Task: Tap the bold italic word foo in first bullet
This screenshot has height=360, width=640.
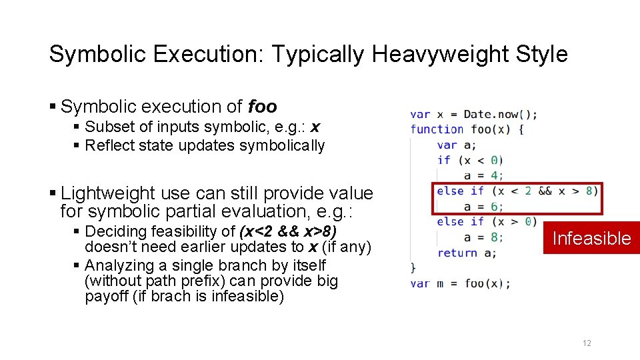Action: point(262,107)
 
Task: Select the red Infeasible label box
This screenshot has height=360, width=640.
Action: point(591,238)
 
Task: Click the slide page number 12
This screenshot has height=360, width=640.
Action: point(587,343)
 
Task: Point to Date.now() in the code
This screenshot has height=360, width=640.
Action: point(500,114)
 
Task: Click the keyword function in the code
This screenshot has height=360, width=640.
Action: point(437,129)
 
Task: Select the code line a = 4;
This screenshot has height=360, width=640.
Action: point(483,175)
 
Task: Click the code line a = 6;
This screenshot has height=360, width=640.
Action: point(483,207)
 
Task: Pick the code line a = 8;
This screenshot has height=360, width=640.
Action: point(483,237)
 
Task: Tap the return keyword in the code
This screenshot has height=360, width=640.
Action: point(457,253)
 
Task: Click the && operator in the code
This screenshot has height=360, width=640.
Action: point(545,191)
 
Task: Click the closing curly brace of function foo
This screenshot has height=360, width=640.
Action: point(413,268)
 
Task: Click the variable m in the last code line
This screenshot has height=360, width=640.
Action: point(440,283)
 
